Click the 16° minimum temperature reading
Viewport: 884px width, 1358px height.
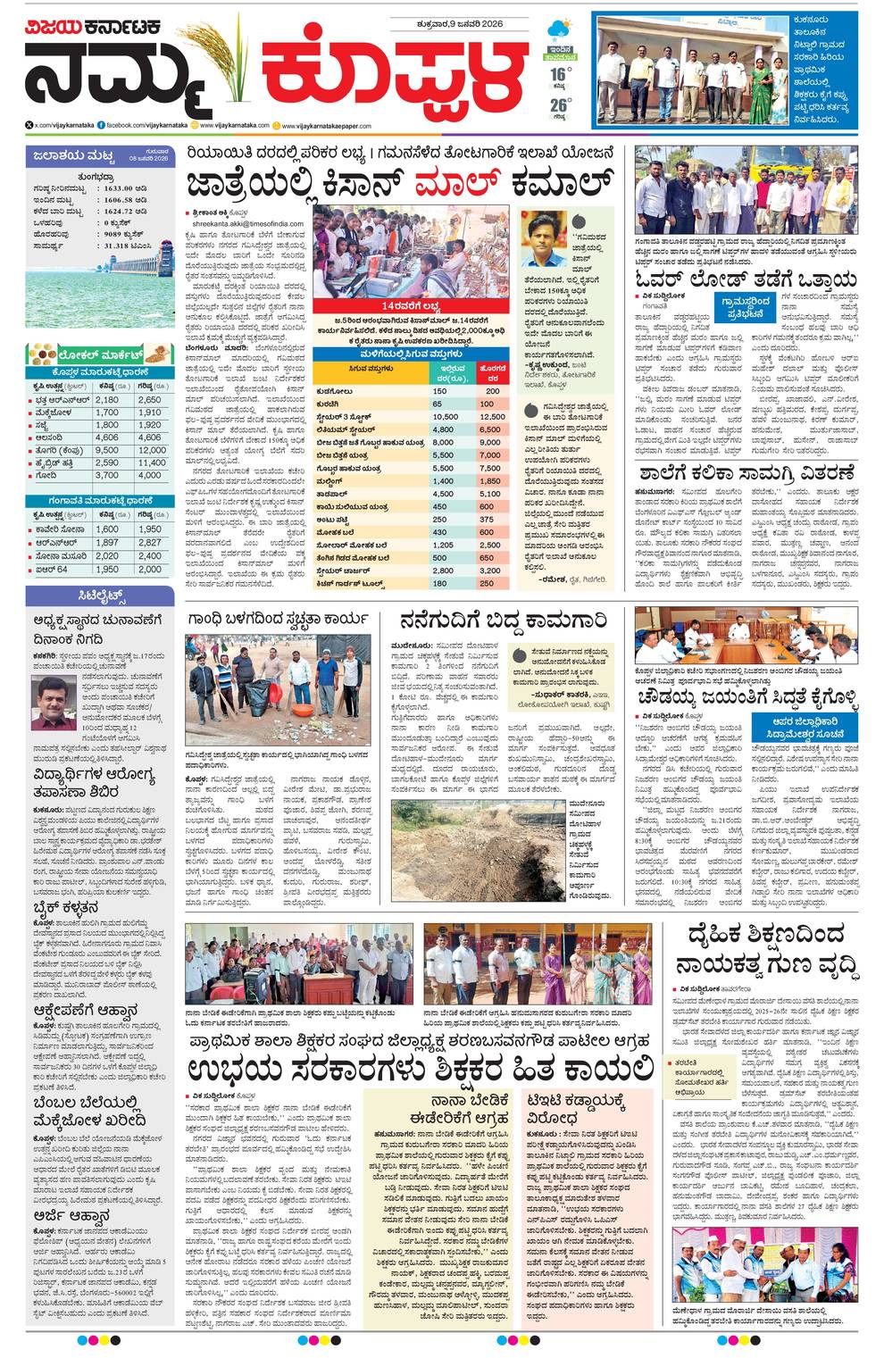[559, 74]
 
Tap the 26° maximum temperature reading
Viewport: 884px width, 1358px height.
[559, 104]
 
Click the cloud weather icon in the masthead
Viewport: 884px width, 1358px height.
[561, 29]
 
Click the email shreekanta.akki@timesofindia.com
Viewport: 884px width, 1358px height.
[235, 224]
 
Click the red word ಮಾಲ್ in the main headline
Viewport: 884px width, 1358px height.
[457, 185]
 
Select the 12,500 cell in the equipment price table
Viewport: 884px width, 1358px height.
[491, 417]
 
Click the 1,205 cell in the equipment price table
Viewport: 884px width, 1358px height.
[443, 545]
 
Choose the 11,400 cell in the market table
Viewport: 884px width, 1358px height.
[151, 462]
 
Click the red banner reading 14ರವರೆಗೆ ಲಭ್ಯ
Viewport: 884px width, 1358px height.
[410, 305]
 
